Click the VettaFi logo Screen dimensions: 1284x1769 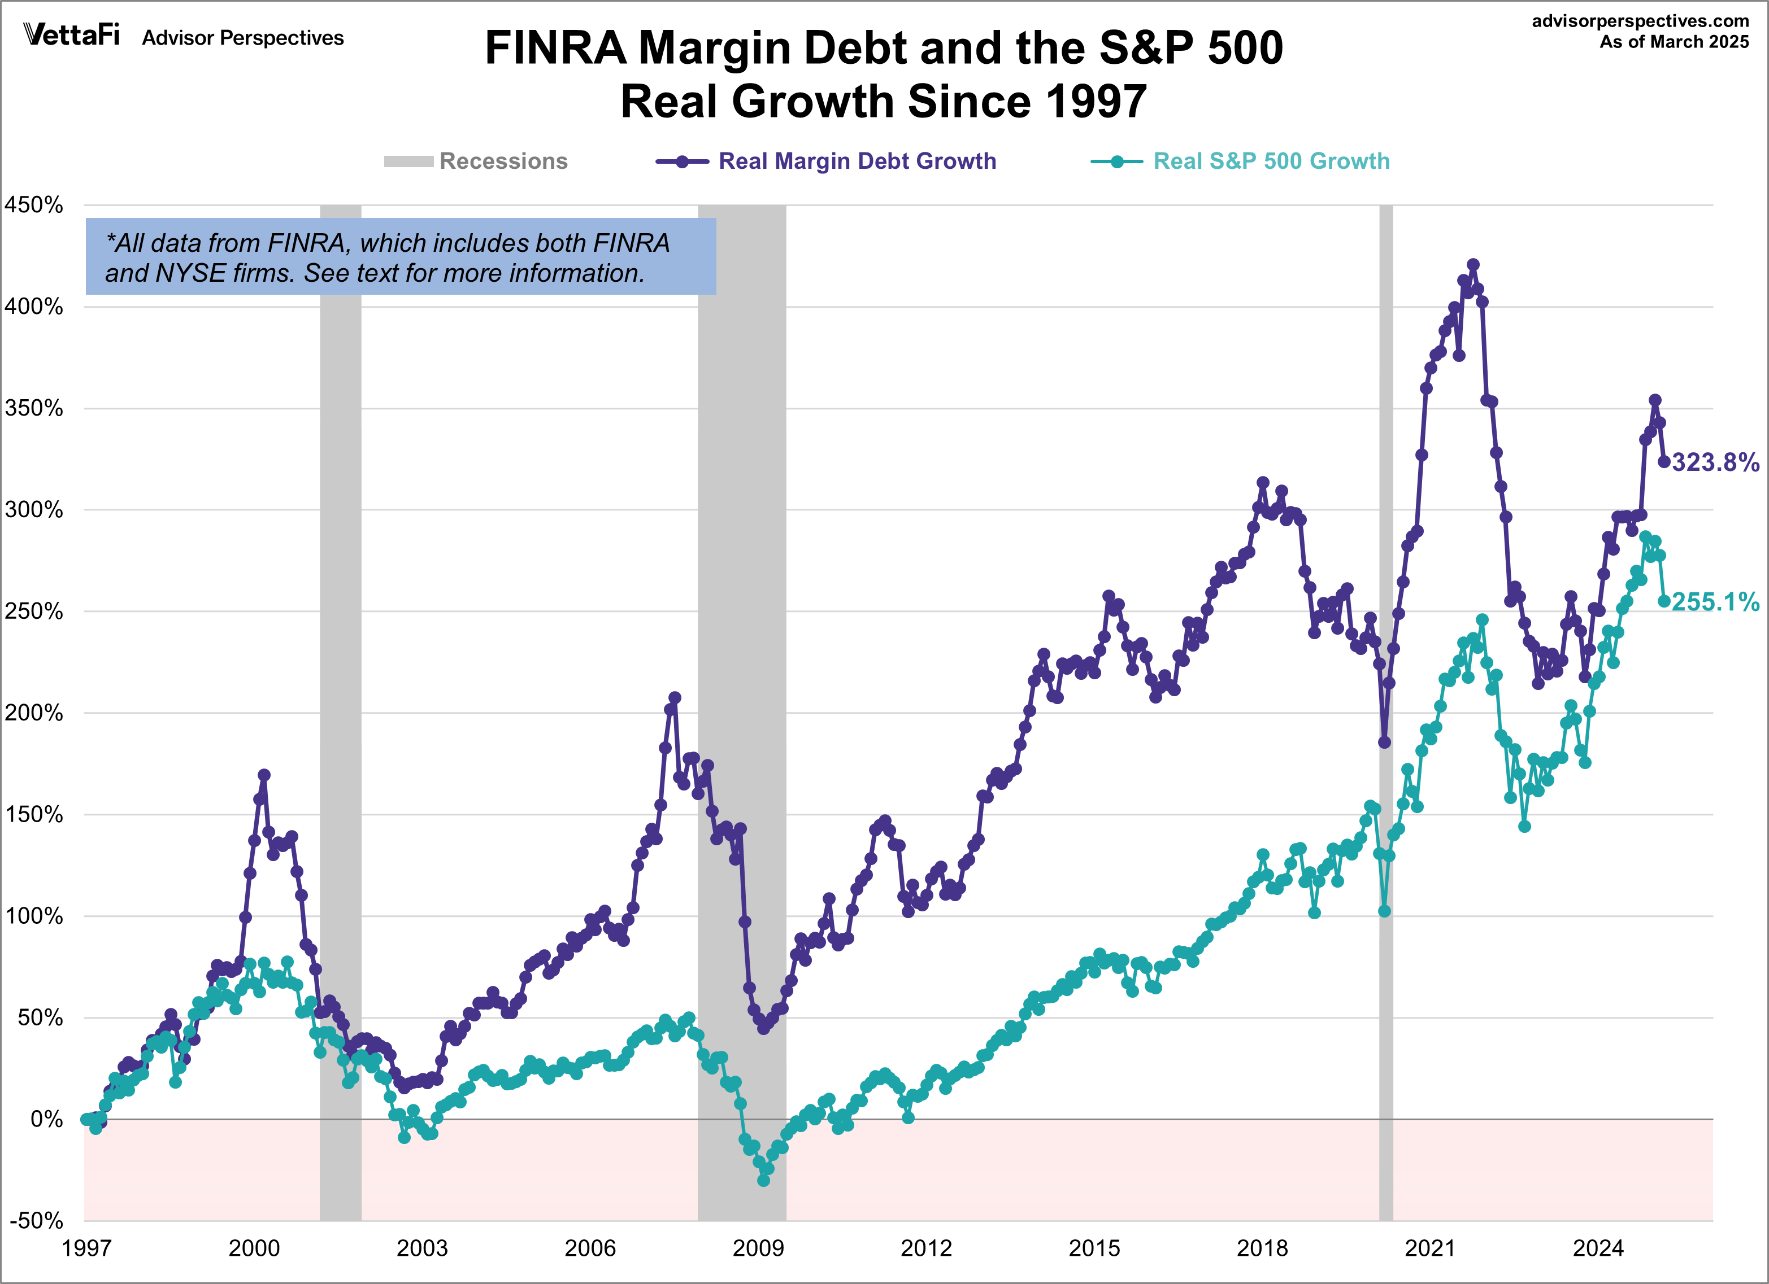coord(72,35)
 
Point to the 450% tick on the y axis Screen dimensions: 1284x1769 coord(33,205)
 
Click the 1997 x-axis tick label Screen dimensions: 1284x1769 coord(86,1248)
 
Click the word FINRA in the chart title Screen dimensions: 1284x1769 coord(555,49)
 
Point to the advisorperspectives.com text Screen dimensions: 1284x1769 coord(1640,21)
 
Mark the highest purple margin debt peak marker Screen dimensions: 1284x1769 coord(1472,265)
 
